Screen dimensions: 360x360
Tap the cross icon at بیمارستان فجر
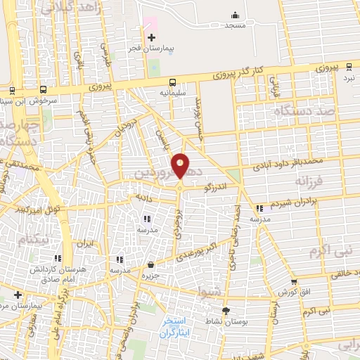(151, 37)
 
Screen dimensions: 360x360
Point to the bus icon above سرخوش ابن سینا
(44, 90)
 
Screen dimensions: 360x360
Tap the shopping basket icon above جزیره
(150, 265)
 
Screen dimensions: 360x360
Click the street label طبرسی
(107, 56)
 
